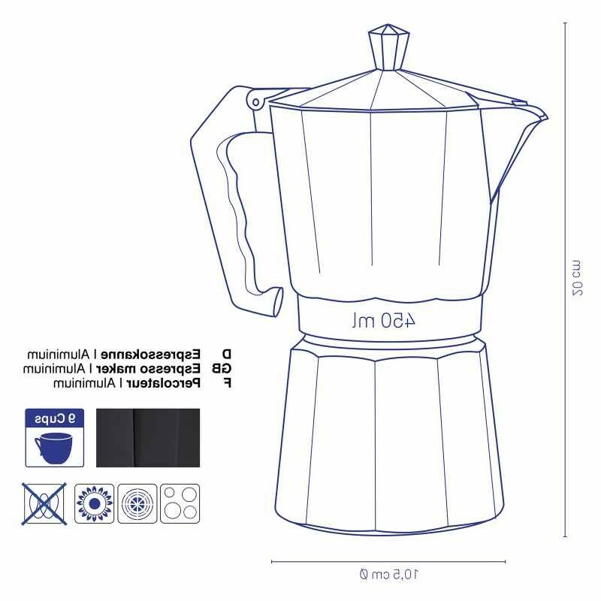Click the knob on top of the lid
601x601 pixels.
[x=388, y=47]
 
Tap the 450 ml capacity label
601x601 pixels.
[x=384, y=320]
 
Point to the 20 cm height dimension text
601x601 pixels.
[x=577, y=278]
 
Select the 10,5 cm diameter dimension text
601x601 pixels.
[x=388, y=574]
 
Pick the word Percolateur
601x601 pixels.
[x=165, y=383]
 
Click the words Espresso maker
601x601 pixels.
[x=148, y=369]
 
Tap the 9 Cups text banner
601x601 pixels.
[x=55, y=418]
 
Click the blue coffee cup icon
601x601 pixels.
[x=53, y=447]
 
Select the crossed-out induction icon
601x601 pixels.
[x=44, y=503]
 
